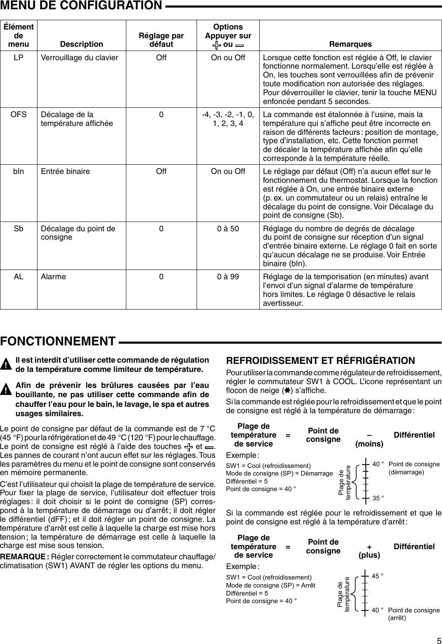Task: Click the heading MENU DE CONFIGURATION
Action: tap(81, 5)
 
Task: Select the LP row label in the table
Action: tap(19, 58)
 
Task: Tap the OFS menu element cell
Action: tap(19, 115)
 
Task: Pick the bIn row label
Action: tap(19, 171)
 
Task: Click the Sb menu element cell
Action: tap(19, 229)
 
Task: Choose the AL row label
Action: tap(19, 277)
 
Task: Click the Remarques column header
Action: tap(350, 44)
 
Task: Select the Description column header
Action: tap(81, 44)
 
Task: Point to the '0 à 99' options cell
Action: tap(228, 277)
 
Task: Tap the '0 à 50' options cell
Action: tap(228, 229)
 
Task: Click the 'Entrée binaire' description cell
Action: tap(65, 171)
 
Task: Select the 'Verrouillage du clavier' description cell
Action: tap(79, 58)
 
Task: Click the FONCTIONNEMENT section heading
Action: tap(58, 341)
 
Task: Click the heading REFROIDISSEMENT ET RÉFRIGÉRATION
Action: tap(320, 361)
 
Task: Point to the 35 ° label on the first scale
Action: tap(378, 498)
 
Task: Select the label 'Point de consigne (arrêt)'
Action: tap(413, 614)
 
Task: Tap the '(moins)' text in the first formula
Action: tap(369, 444)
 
